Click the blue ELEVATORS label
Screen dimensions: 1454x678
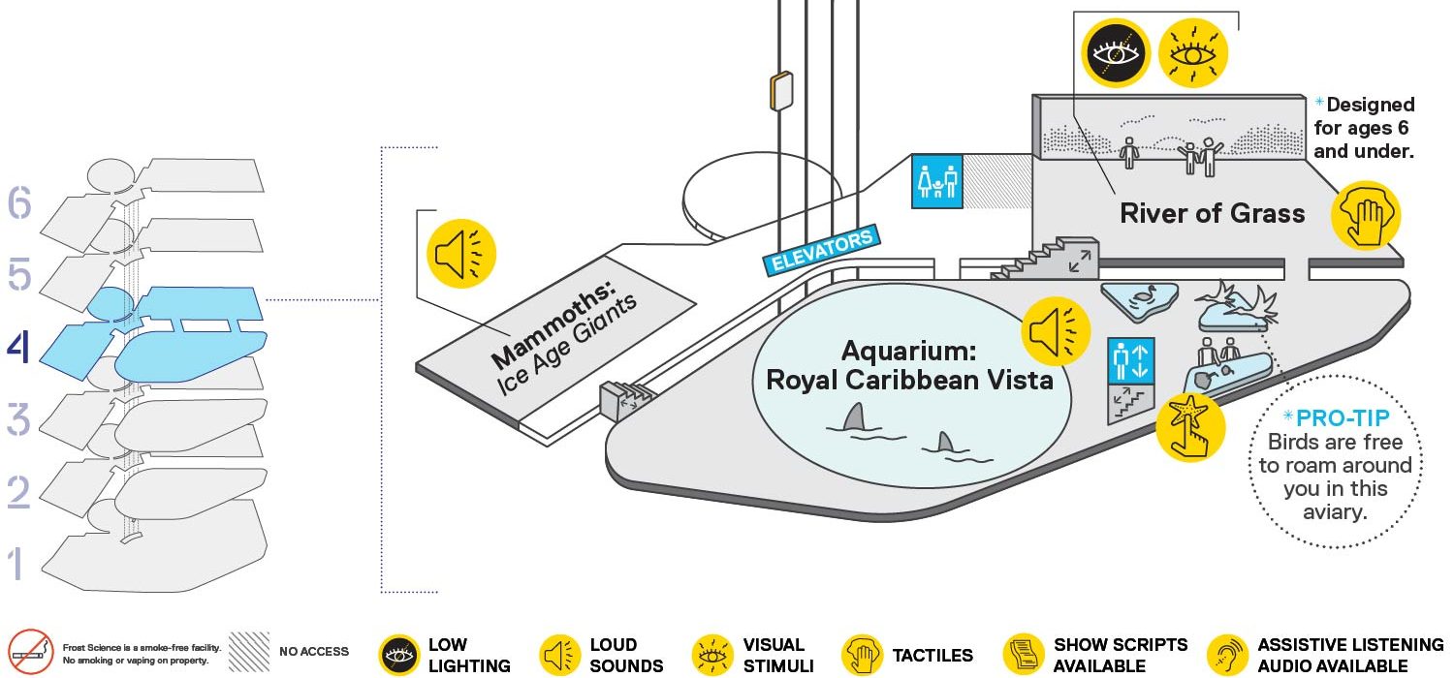[x=822, y=250]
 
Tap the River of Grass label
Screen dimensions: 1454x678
[x=1212, y=213]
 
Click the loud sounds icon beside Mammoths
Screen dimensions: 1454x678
[x=460, y=254]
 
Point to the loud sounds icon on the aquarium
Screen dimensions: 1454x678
[x=1056, y=331]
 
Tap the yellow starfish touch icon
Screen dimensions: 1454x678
[x=1189, y=427]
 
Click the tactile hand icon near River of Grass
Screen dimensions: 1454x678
[x=1366, y=215]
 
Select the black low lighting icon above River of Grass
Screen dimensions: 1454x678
[x=1115, y=52]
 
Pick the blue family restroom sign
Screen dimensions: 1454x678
[x=936, y=181]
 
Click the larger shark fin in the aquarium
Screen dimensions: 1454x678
[x=854, y=417]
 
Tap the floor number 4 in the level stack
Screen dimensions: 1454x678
[x=18, y=348]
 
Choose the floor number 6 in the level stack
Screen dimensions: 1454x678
[x=19, y=202]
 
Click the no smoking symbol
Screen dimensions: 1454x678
[x=30, y=652]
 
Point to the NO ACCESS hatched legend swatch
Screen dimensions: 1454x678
[x=248, y=652]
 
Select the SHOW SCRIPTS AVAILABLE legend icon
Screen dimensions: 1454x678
[x=1023, y=655]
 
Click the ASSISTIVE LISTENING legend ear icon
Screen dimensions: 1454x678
[x=1228, y=655]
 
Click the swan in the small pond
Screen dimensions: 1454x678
[x=1144, y=296]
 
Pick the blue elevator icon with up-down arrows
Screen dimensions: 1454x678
[x=1131, y=360]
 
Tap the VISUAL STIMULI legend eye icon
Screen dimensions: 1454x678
[x=712, y=655]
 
